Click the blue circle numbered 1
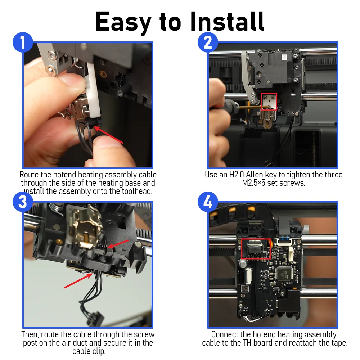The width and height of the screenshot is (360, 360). tap(23, 42)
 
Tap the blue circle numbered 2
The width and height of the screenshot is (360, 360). tap(208, 42)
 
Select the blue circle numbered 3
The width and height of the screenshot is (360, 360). tap(23, 202)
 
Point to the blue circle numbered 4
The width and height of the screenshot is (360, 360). tap(208, 202)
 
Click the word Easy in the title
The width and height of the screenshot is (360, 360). tap(123, 22)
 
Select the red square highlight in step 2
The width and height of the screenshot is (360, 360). tap(269, 102)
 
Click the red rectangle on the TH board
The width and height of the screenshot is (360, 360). tap(256, 249)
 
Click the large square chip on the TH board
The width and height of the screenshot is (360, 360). tap(284, 273)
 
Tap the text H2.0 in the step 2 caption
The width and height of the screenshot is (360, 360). tap(237, 175)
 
